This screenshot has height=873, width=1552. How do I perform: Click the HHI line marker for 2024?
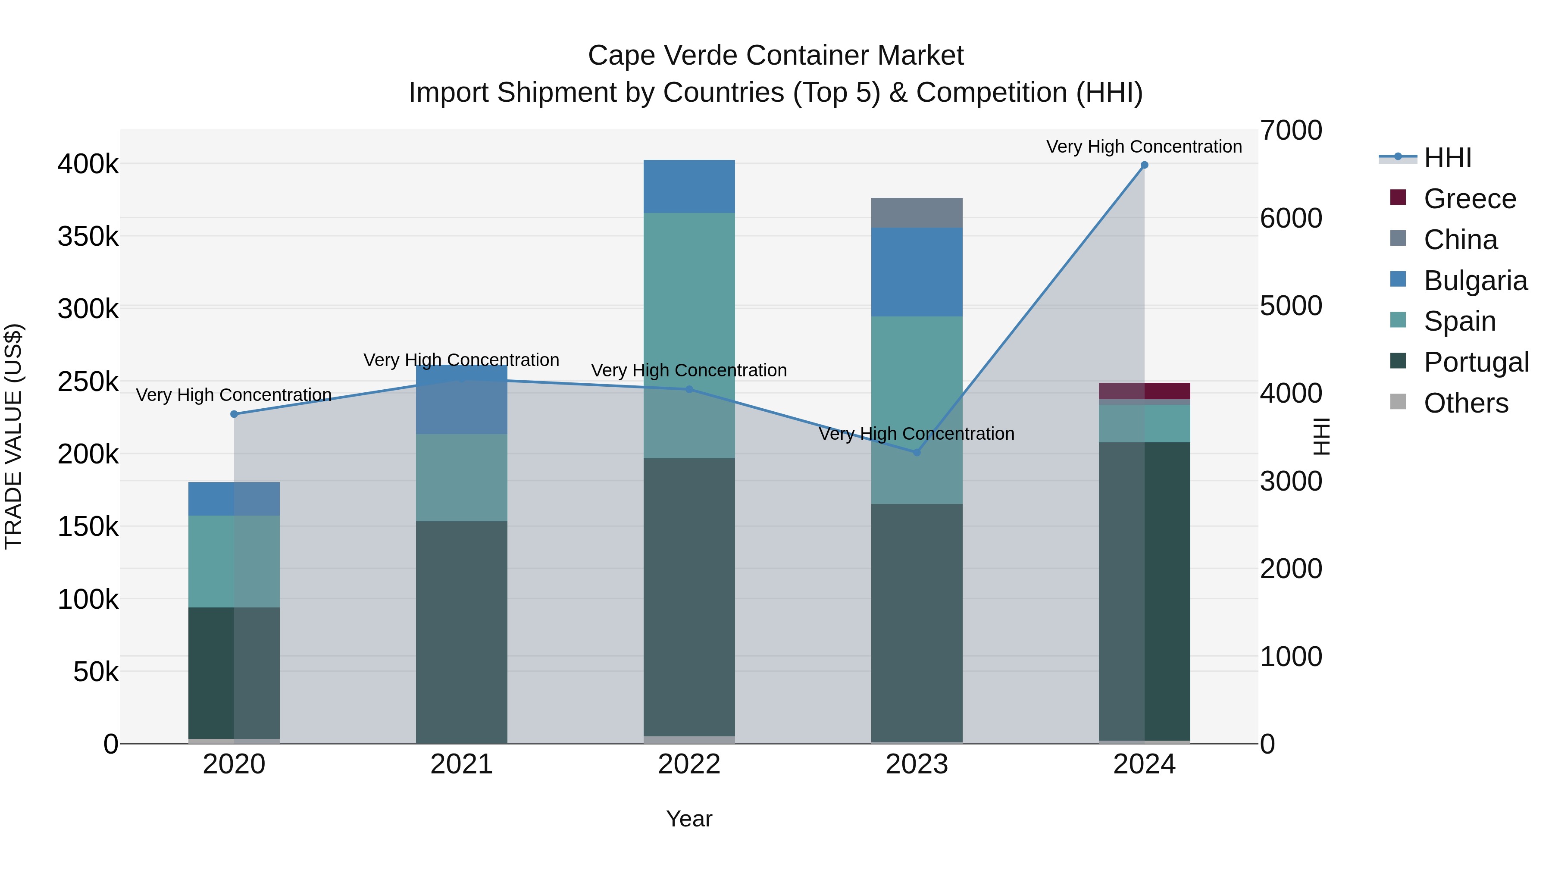point(1144,165)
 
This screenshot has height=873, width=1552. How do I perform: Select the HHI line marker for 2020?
point(235,414)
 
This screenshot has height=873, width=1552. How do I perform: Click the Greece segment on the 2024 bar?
point(1144,391)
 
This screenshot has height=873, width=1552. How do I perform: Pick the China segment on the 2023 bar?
point(917,213)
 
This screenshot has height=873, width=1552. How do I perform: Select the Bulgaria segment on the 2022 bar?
point(689,186)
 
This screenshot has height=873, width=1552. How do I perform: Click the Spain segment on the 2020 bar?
point(235,561)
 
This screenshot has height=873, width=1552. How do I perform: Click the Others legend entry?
point(1465,403)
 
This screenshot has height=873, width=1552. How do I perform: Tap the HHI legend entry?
point(1447,158)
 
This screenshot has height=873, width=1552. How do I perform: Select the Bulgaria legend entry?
point(1475,281)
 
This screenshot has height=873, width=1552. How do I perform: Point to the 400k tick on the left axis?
point(88,164)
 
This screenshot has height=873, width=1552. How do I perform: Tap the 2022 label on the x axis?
point(689,764)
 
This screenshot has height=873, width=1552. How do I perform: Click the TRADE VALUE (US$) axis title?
point(13,436)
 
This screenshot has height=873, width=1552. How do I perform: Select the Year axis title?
point(689,819)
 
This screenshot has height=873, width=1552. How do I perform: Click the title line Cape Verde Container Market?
point(776,56)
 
